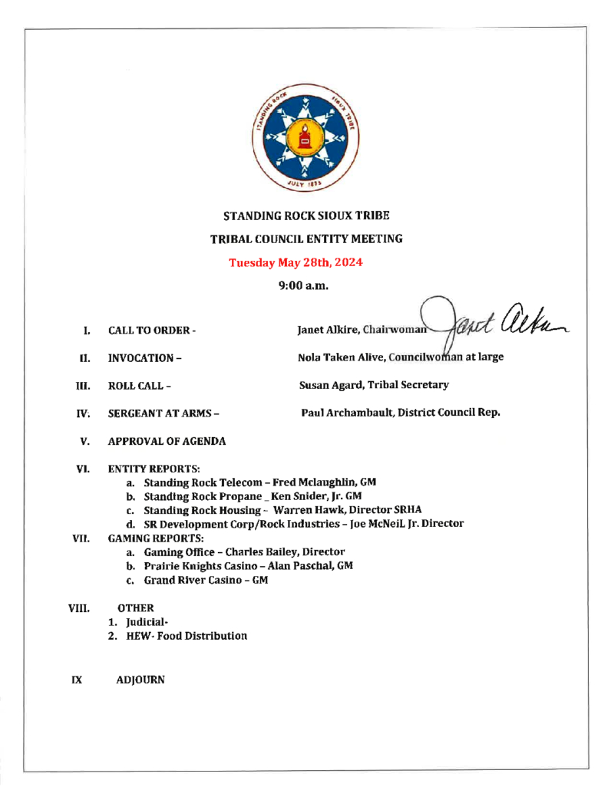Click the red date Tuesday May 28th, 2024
tap(296, 262)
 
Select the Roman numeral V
tap(85, 441)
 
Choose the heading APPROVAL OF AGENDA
tap(167, 441)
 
